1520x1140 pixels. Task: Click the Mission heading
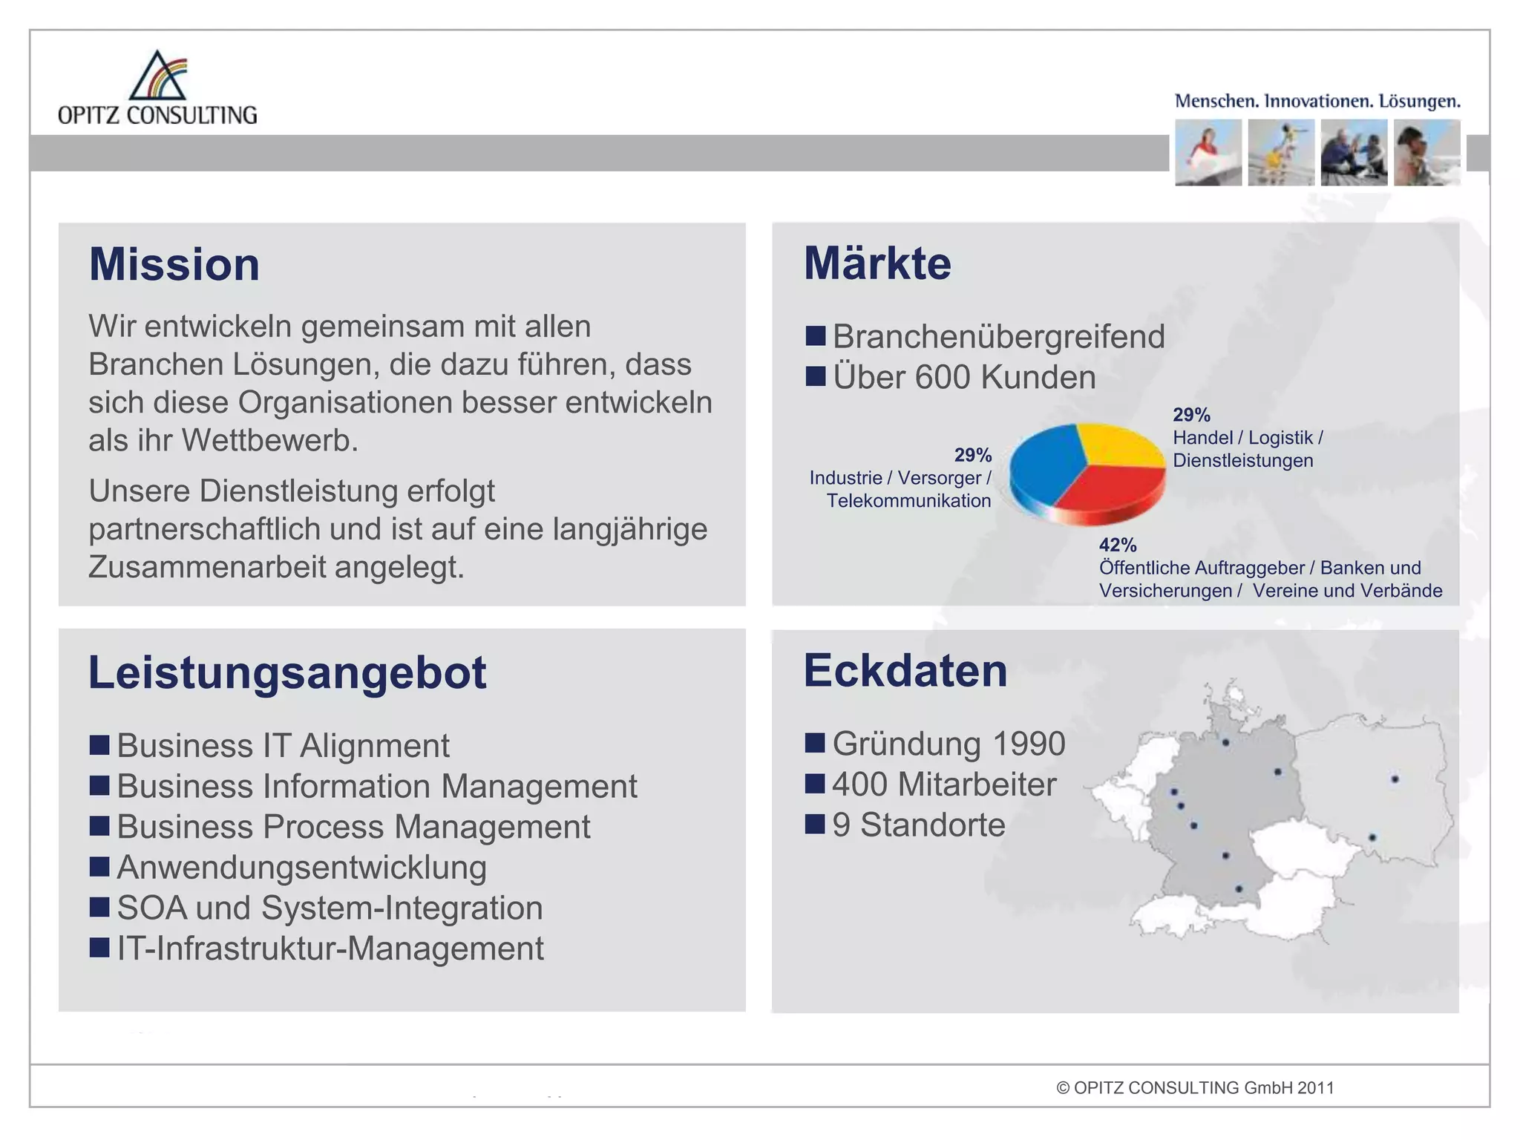point(174,264)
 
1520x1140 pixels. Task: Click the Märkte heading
point(877,263)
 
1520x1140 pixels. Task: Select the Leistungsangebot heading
point(287,672)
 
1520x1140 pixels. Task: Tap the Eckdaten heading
point(905,671)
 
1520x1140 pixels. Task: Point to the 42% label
point(1118,545)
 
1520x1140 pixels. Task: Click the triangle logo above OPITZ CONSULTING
point(157,76)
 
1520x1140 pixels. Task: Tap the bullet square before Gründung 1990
point(815,743)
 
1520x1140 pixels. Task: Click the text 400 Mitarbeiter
point(944,784)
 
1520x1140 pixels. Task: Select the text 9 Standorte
point(919,825)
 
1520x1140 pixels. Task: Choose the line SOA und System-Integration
point(330,908)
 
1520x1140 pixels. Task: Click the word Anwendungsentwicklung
point(301,868)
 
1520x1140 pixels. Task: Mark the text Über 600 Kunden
point(963,377)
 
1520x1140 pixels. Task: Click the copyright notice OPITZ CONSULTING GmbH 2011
point(1195,1088)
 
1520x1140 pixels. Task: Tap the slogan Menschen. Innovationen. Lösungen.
point(1317,101)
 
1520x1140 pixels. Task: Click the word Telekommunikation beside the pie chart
point(908,501)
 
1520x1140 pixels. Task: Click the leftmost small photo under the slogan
point(1208,153)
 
